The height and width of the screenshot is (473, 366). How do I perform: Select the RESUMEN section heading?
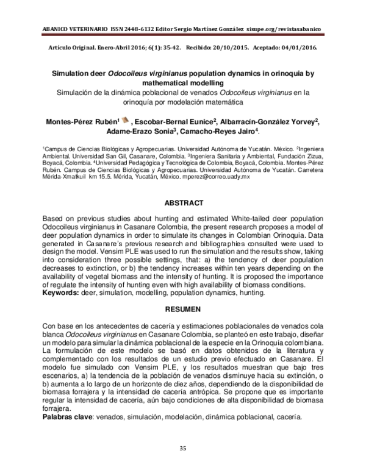tap(184, 310)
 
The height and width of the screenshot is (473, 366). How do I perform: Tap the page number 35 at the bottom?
tap(182, 449)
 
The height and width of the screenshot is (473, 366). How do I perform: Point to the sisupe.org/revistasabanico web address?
tap(290, 29)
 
